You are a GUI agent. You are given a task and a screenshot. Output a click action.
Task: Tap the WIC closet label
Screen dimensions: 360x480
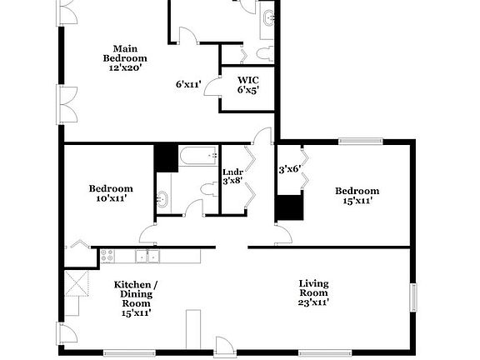248,86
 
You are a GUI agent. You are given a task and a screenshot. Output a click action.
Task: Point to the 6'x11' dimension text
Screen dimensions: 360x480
189,83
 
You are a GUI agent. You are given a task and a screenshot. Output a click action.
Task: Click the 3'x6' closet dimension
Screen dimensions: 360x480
289,168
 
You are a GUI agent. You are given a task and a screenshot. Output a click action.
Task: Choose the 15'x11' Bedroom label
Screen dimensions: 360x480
357,195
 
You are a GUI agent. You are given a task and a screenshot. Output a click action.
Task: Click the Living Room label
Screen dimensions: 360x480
314,292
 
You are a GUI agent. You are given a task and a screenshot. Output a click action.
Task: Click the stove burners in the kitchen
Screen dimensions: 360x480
107,257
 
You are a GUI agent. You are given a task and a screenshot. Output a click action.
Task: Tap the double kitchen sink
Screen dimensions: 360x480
147,257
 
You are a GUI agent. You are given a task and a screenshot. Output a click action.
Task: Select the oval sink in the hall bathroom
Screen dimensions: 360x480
163,199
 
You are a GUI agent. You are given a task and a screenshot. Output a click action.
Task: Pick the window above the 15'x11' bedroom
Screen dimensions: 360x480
360,141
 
